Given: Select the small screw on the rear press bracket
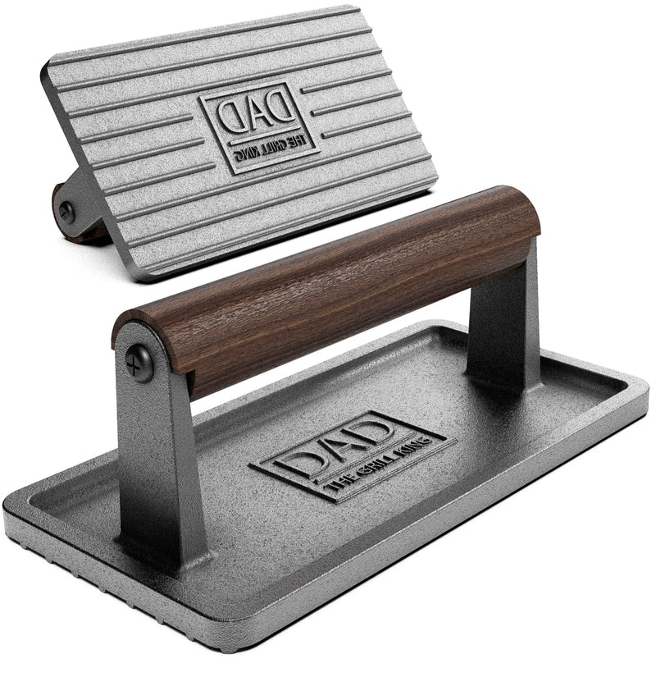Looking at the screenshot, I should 66,212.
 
